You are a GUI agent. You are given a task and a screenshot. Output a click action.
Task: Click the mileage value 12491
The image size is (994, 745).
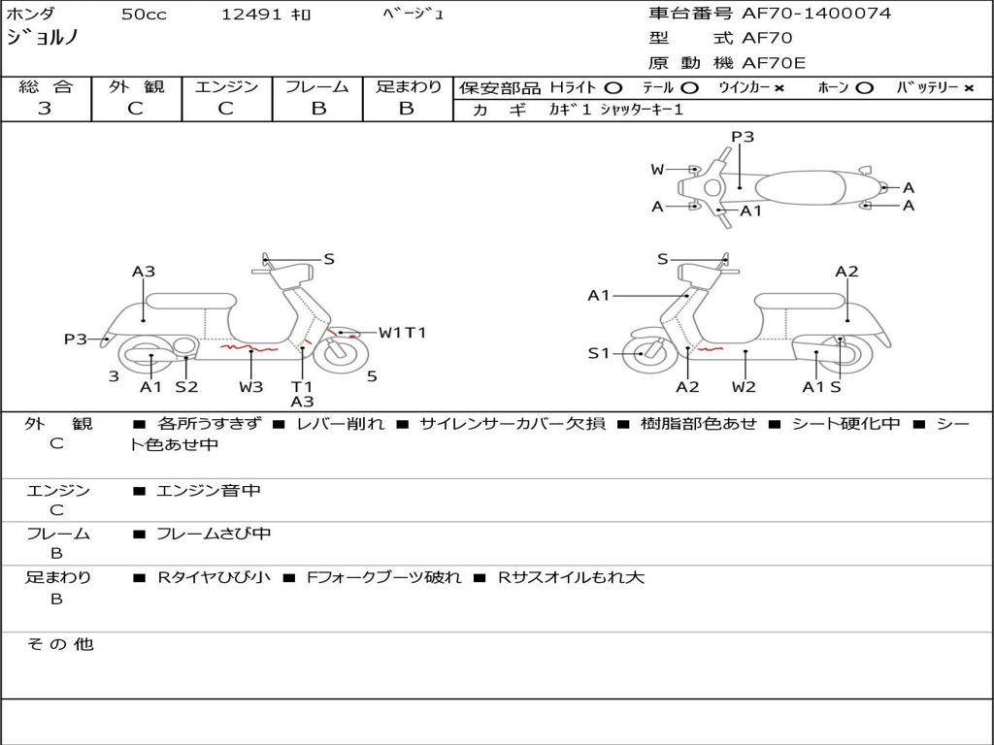pos(251,15)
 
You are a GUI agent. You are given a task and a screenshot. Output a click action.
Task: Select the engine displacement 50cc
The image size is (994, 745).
pos(144,15)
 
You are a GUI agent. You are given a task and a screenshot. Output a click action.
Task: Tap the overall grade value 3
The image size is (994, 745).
pos(45,109)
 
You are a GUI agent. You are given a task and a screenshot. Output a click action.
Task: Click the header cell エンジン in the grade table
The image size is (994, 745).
pos(226,87)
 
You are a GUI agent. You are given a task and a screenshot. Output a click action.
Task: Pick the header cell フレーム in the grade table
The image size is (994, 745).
pos(317,87)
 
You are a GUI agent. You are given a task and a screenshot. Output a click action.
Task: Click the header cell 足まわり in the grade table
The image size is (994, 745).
pos(408,87)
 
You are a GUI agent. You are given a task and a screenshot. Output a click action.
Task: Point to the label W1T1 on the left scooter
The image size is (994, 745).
pos(402,333)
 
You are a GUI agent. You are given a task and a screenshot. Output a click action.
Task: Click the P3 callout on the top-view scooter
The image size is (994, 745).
pos(743,137)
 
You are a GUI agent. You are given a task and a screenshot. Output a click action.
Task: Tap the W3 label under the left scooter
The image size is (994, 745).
pos(251,387)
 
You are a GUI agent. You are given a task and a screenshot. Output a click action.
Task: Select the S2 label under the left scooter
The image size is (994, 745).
pos(186,387)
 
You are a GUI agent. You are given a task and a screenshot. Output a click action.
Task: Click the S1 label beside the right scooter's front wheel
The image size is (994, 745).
pos(600,353)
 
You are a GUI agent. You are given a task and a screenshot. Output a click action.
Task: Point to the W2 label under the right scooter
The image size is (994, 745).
pos(744,387)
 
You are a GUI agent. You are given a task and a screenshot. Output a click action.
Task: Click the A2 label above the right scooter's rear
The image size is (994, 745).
pos(846,272)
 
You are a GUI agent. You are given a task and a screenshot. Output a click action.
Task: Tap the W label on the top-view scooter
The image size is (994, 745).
pos(657,170)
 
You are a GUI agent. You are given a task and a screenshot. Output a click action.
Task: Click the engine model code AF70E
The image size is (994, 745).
pos(774,63)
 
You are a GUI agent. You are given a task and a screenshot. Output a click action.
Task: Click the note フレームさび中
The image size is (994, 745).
pos(214,534)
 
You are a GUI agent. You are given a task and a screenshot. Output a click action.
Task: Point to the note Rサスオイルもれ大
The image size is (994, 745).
pos(571,577)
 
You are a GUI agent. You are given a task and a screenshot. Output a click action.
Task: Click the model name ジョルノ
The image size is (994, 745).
pos(43,39)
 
